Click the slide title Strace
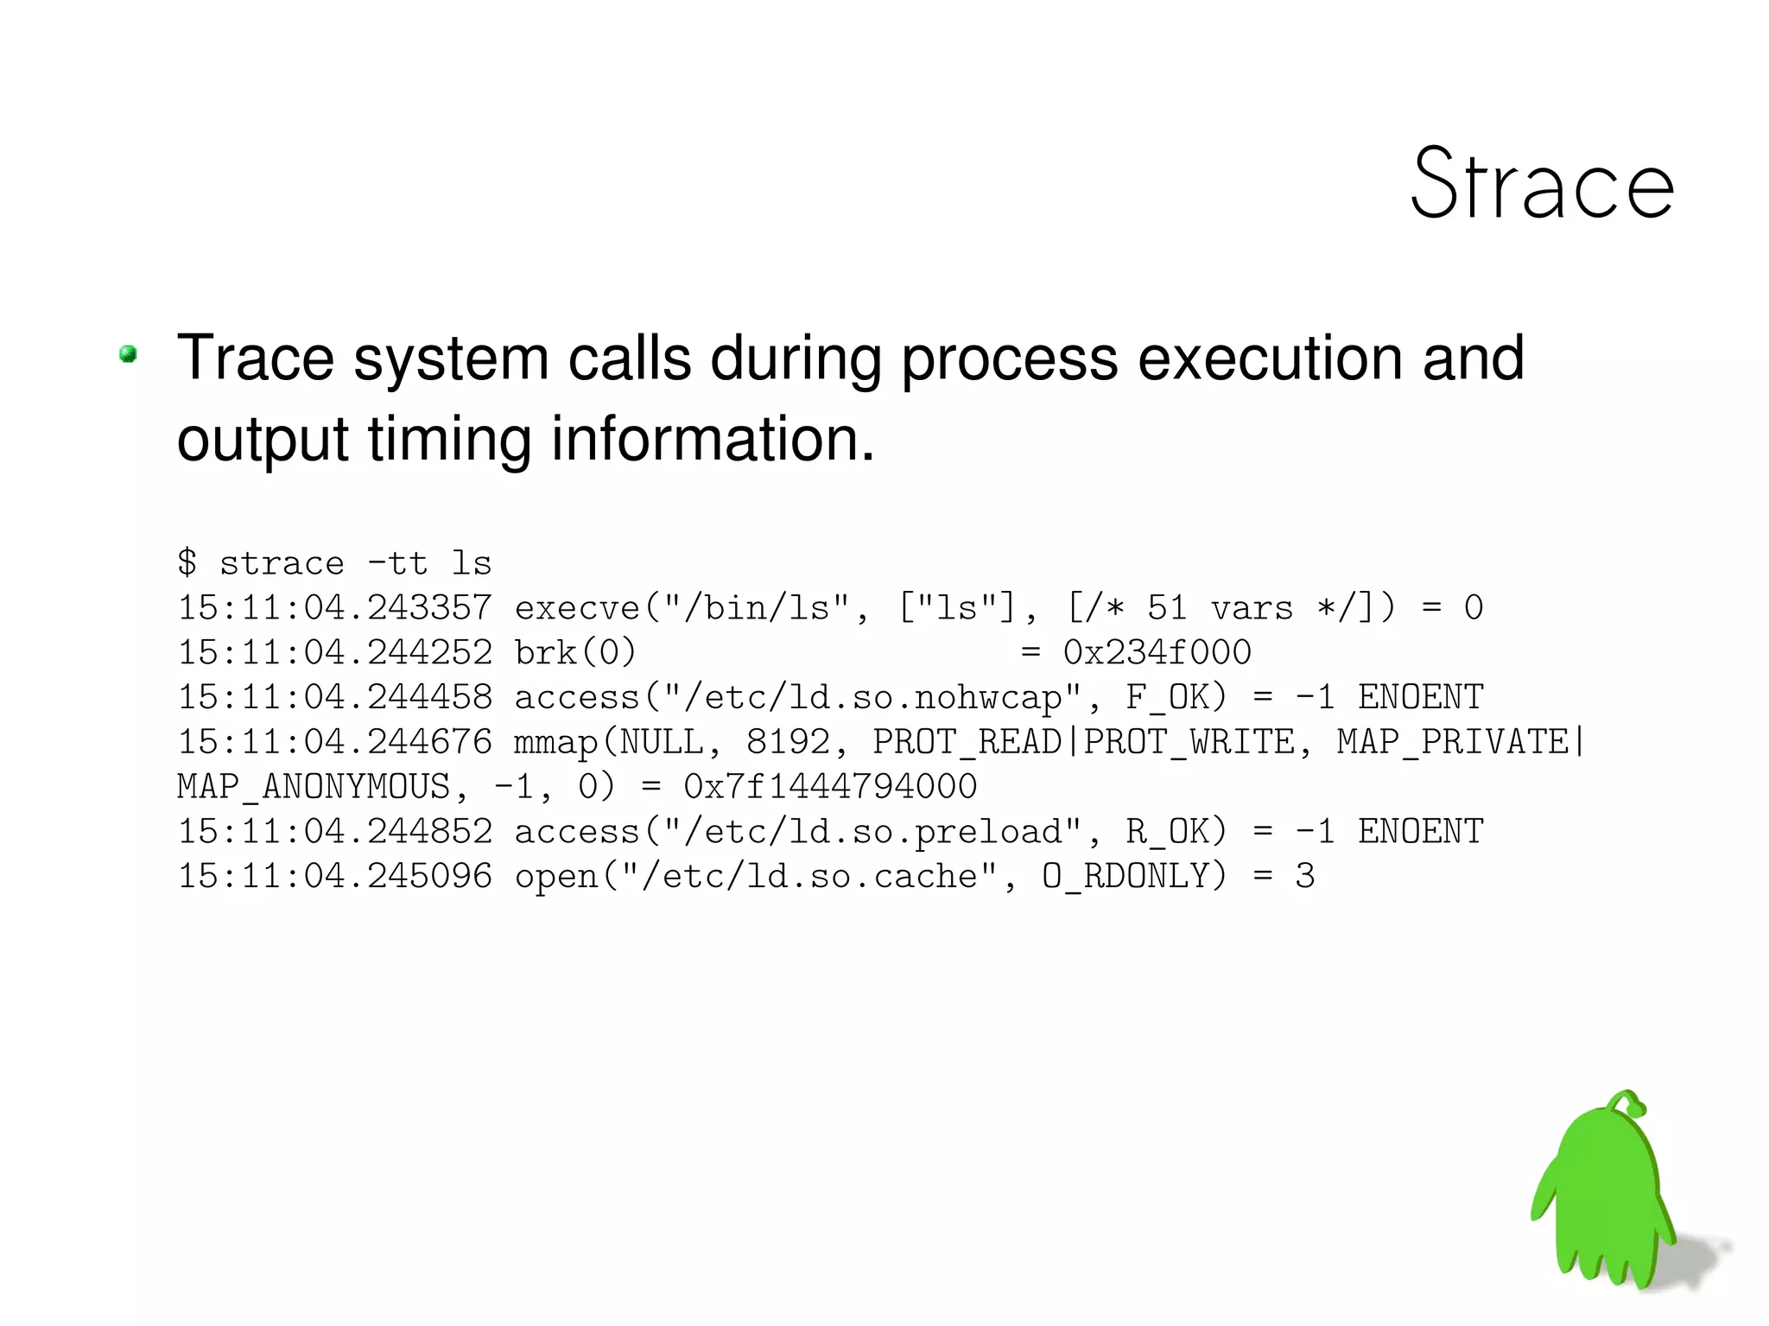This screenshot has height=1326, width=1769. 1542,184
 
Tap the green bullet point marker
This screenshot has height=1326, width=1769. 129,354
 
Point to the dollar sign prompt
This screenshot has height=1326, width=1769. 187,563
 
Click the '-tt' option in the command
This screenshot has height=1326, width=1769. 397,563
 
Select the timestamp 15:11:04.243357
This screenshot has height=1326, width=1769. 335,608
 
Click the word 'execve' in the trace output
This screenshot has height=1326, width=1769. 577,608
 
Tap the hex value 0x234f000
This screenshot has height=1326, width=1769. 1157,653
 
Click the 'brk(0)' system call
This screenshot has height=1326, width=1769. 575,653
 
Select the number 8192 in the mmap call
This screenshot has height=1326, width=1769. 788,742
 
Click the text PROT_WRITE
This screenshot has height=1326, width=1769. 1189,742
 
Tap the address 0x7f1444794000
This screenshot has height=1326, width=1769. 830,787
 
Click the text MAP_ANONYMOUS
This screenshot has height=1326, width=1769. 314,787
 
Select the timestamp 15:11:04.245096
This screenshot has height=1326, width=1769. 335,877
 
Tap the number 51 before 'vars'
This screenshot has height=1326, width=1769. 1167,608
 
